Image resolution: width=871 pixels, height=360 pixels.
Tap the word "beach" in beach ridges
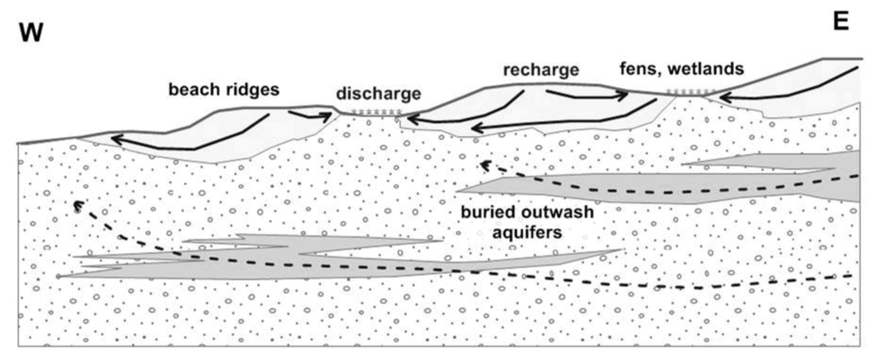tap(191, 89)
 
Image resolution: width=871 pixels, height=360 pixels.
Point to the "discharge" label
tap(371, 92)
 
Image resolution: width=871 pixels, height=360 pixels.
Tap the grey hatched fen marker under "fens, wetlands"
tap(686, 91)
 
